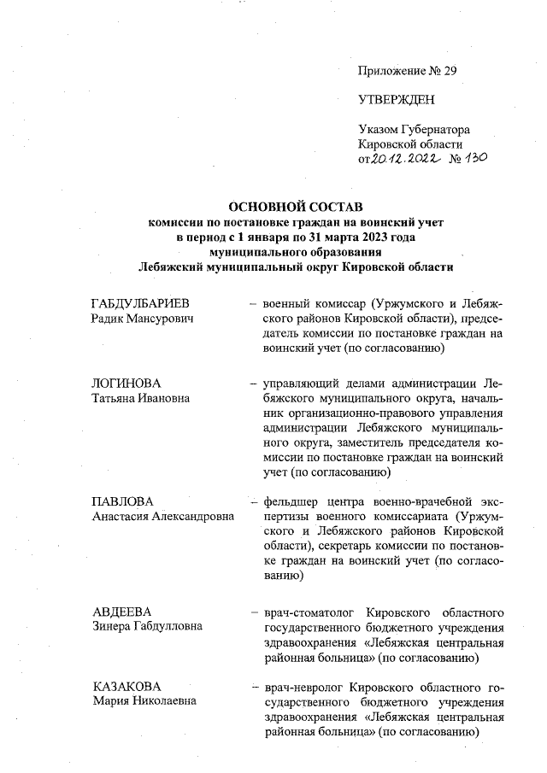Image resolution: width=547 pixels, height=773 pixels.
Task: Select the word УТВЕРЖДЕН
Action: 397,100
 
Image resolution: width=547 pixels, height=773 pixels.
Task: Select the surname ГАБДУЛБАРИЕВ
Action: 140,303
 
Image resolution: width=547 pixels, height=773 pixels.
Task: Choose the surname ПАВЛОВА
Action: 122,501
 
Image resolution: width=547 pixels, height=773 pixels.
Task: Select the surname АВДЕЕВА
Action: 121,612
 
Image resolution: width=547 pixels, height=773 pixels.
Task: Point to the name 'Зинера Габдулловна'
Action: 147,626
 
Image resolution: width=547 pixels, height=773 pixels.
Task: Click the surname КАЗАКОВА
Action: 126,687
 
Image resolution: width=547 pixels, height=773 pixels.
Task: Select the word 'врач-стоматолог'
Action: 310,612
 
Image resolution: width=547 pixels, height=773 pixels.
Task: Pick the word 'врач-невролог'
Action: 303,687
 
